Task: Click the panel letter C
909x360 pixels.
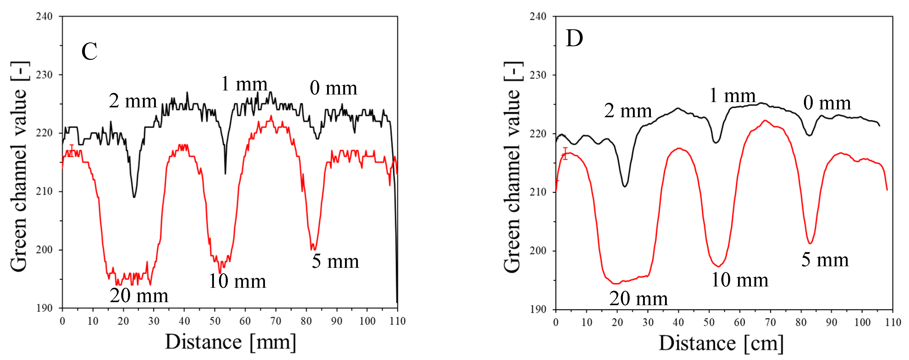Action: (89, 52)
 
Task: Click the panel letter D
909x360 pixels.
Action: (574, 38)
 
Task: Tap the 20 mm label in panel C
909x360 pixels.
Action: (139, 296)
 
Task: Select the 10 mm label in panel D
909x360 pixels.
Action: (740, 280)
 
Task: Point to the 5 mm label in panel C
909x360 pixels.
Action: (335, 261)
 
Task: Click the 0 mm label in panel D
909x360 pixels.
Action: (827, 103)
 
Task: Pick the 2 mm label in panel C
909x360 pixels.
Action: (133, 101)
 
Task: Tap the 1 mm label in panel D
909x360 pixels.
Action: (732, 96)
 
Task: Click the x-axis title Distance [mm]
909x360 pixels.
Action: (230, 342)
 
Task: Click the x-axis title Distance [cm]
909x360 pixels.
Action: (721, 343)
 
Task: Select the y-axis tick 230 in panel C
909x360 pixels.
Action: (44, 75)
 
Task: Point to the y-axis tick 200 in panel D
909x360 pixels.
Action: (538, 251)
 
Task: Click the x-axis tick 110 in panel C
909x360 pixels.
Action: (397, 321)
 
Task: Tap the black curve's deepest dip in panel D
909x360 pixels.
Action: (625, 186)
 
